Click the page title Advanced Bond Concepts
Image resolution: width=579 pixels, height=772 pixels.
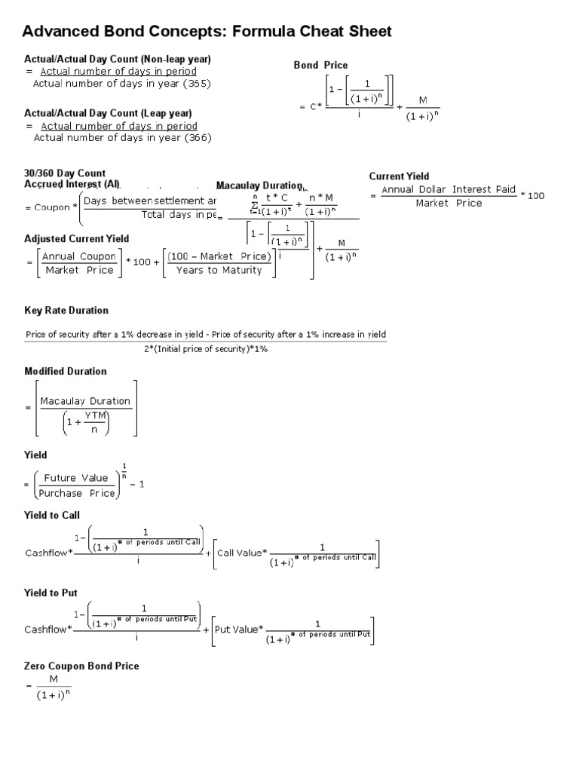click(207, 31)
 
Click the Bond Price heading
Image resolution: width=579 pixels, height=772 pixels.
click(320, 66)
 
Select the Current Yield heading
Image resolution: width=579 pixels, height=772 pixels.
click(399, 176)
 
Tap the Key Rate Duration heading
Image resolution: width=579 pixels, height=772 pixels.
click(66, 311)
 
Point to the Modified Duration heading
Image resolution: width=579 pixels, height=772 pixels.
click(66, 371)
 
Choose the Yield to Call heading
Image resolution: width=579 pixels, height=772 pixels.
click(52, 515)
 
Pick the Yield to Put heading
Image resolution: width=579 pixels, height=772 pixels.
click(51, 593)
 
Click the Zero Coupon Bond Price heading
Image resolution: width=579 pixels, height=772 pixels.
click(81, 666)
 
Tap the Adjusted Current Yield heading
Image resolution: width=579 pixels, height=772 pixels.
click(77, 239)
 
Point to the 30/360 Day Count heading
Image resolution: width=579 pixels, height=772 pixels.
click(65, 173)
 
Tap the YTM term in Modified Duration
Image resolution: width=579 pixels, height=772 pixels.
click(95, 415)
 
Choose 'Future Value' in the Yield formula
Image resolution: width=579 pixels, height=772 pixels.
click(75, 478)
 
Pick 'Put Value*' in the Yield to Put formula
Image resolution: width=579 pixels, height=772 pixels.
click(239, 630)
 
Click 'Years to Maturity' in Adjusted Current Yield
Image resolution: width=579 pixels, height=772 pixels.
click(219, 270)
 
